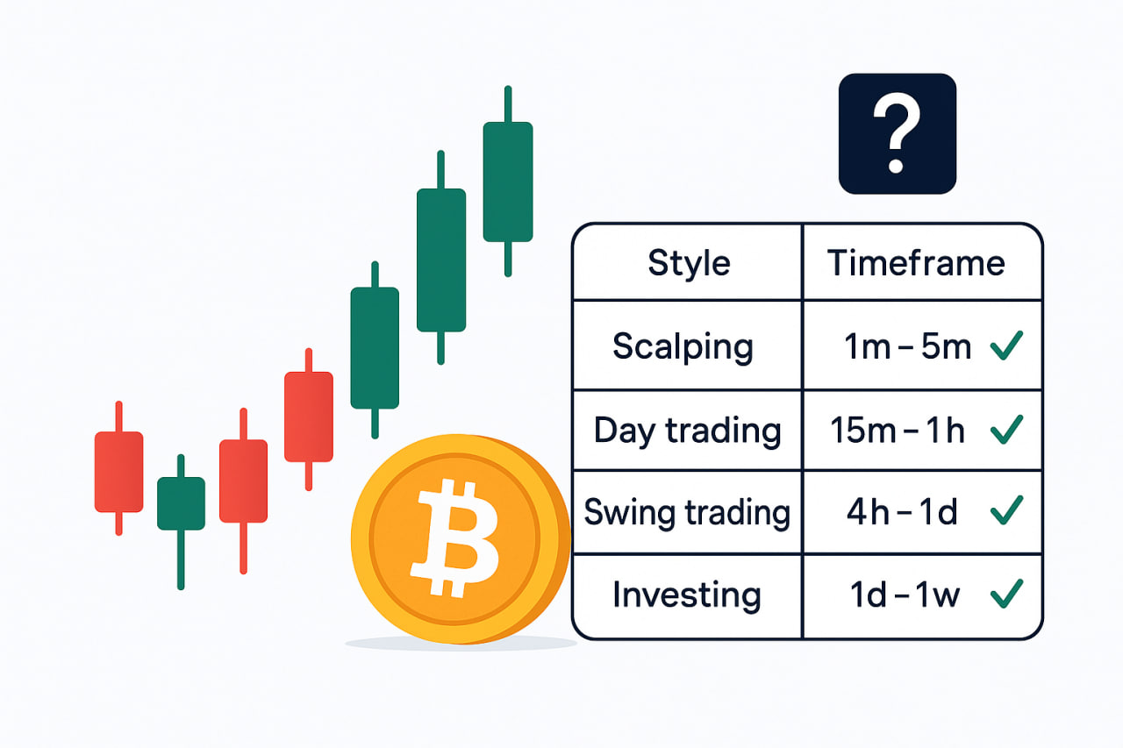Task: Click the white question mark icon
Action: click(897, 133)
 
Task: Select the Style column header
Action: click(689, 263)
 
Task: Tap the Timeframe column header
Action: click(916, 262)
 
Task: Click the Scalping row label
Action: click(683, 346)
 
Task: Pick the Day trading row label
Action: click(687, 431)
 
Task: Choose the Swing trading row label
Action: click(687, 512)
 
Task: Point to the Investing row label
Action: click(687, 595)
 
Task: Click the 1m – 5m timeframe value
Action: click(908, 346)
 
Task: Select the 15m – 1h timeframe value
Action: click(898, 431)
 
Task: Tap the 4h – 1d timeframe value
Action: click(902, 512)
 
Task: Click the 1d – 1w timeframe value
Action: click(905, 595)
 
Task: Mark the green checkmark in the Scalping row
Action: click(1006, 346)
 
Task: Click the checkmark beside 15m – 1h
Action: click(1006, 430)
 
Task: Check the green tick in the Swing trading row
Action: click(1006, 510)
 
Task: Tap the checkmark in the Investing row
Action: click(1006, 594)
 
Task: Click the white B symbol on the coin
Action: click(455, 538)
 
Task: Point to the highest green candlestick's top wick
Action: click(508, 103)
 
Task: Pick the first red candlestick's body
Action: click(118, 472)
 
